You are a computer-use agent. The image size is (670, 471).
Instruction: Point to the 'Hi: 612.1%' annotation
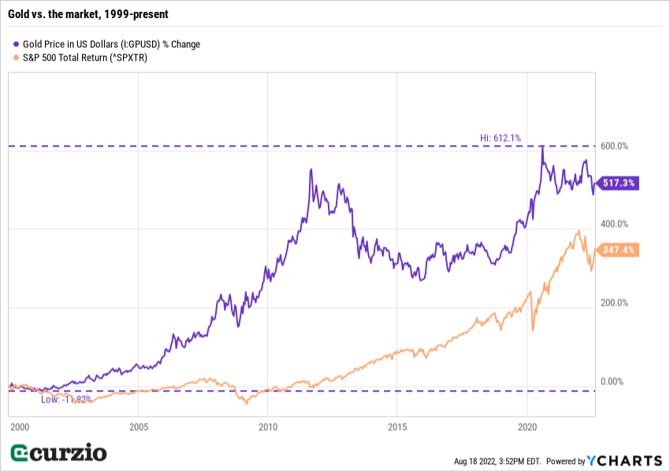(x=501, y=138)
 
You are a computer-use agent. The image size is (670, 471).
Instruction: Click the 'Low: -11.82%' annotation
(x=66, y=399)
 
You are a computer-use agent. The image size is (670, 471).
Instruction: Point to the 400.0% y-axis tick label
(x=615, y=225)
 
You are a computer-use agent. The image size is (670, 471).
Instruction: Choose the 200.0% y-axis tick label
(x=615, y=302)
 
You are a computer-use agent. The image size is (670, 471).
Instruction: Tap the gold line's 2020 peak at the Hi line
(x=542, y=146)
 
